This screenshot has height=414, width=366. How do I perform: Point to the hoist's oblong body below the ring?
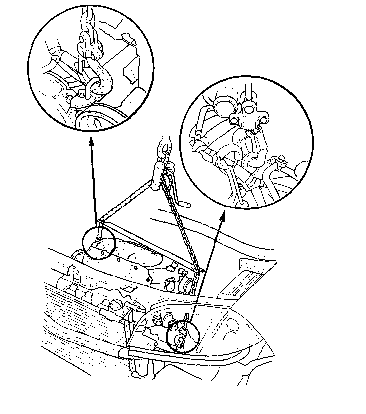click(x=158, y=172)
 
